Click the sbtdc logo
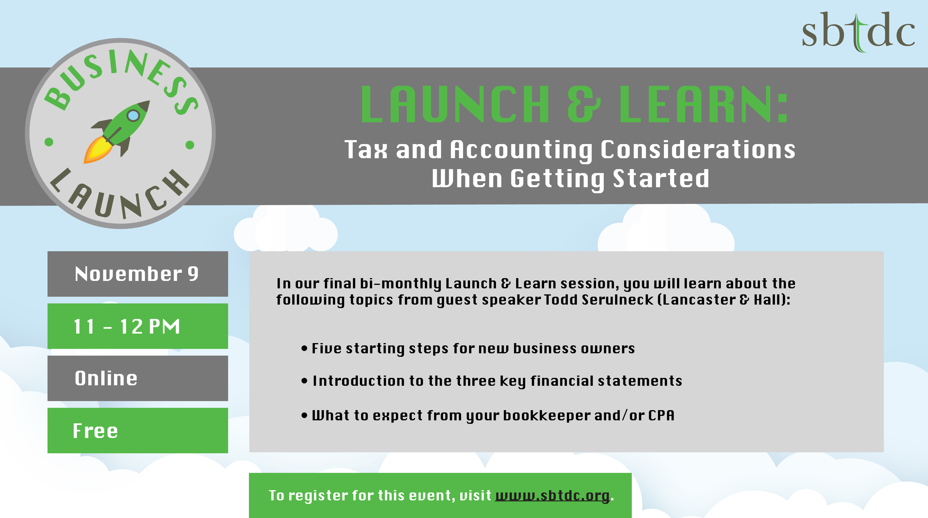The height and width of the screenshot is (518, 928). (858, 32)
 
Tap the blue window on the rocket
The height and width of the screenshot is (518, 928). (133, 115)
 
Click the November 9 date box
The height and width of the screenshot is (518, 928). (138, 274)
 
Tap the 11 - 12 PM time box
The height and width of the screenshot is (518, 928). (138, 326)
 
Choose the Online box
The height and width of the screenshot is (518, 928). (138, 378)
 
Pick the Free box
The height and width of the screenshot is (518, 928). (138, 430)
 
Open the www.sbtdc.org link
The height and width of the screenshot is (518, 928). (553, 496)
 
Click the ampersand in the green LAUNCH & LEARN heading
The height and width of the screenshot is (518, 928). (584, 105)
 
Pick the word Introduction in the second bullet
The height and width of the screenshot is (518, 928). (359, 381)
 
